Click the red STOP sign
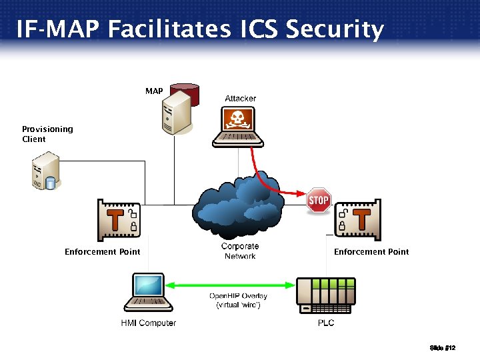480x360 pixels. point(319,201)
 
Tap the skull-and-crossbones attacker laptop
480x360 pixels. point(238,127)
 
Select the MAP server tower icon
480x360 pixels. point(176,111)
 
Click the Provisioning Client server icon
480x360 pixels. point(46,171)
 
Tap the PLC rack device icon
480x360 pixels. point(326,295)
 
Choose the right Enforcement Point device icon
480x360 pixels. point(358,219)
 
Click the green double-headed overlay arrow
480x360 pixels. point(231,285)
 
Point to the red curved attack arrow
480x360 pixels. point(270,180)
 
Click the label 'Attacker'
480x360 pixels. point(240,99)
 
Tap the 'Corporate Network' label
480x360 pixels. point(240,251)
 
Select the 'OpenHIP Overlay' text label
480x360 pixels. point(238,296)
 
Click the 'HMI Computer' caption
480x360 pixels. point(148,323)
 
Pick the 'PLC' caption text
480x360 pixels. point(326,323)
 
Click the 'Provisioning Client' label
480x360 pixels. point(47,134)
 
